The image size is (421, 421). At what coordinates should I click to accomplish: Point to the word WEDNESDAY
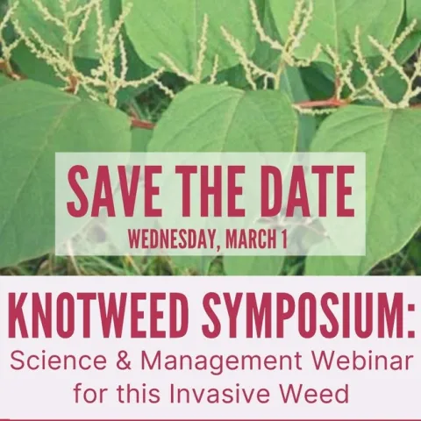tap(175, 237)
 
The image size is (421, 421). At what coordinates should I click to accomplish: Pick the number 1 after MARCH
tap(284, 237)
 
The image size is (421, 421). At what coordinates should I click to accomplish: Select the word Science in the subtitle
tap(52, 360)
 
